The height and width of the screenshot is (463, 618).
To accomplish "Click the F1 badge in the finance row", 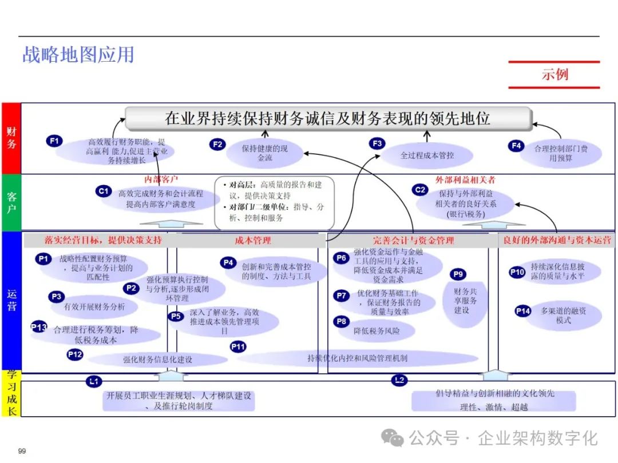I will click(x=54, y=139).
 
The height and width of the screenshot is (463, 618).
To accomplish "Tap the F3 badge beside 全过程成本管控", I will click(x=377, y=143).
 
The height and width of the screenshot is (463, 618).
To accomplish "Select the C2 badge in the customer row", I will click(x=421, y=190).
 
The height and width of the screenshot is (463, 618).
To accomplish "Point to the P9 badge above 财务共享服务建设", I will click(x=458, y=274).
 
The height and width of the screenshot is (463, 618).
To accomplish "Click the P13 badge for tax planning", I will click(x=39, y=327).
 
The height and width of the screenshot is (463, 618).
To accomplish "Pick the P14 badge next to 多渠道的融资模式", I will click(x=523, y=311).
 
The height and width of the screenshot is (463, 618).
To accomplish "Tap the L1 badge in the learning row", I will click(x=94, y=381).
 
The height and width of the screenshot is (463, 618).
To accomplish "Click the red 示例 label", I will click(x=554, y=74).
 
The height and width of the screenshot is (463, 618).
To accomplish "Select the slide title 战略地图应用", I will click(x=78, y=54).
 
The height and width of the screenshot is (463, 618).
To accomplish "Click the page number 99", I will click(x=22, y=451).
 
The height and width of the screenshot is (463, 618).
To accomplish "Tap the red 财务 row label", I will click(x=11, y=138).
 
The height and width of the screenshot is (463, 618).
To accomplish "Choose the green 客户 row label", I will click(x=11, y=202).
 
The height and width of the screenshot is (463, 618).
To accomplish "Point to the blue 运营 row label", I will click(x=11, y=300).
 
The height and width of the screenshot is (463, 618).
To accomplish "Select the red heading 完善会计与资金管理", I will click(x=413, y=241).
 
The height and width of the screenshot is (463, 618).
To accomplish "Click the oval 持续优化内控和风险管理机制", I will click(x=357, y=358).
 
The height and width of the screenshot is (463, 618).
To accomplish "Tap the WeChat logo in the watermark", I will click(x=394, y=438).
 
